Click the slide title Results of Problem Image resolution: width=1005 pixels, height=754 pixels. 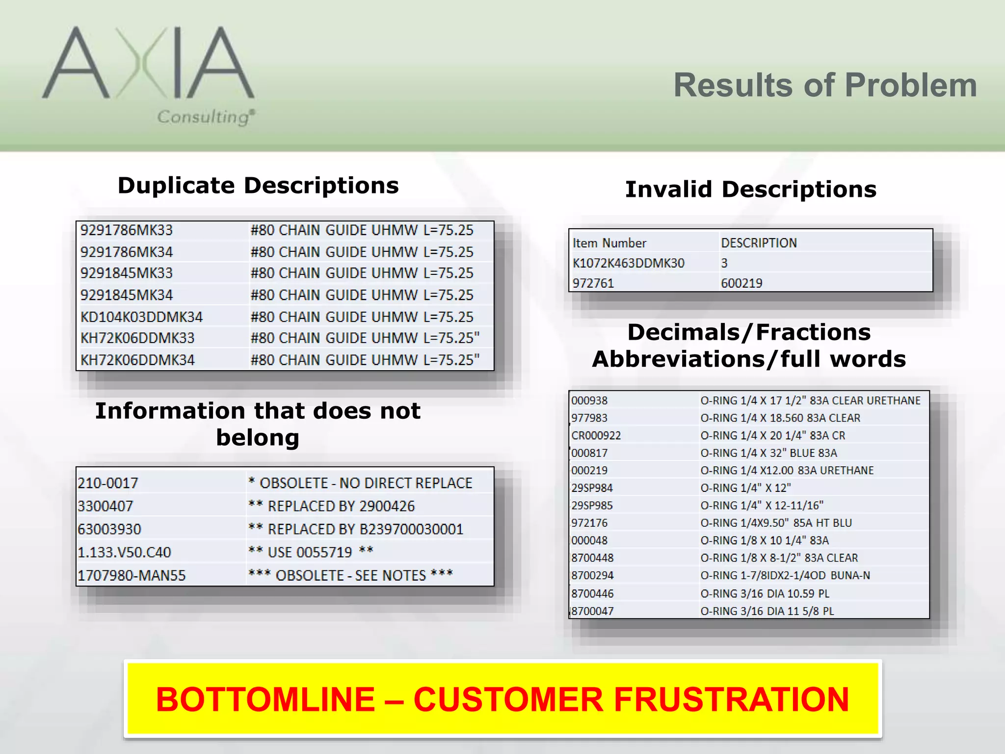point(825,85)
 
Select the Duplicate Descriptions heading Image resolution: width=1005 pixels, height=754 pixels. point(258,186)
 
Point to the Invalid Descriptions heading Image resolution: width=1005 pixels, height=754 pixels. point(750,189)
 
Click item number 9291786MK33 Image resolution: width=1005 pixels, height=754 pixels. point(127,230)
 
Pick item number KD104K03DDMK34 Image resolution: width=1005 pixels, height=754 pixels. point(141,317)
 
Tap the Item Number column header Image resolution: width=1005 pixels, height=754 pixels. point(609,243)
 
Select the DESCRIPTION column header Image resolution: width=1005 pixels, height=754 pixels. point(759,243)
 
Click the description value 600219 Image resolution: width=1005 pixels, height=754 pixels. point(741,283)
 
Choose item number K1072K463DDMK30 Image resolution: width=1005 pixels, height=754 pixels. point(628,263)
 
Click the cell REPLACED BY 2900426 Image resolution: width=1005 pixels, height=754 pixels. point(332,506)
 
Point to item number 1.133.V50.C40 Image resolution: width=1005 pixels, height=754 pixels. point(124,552)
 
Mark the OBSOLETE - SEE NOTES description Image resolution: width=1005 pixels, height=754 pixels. point(350,575)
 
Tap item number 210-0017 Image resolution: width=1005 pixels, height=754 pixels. point(108,483)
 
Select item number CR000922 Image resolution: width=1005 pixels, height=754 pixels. point(596,435)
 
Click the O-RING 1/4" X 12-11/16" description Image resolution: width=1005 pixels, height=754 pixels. point(762,506)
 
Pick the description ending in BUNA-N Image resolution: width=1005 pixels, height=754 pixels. point(785,575)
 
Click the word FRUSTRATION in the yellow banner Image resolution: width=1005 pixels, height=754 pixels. point(731,699)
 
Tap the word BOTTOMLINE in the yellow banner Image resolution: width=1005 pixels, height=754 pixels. point(265,699)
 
